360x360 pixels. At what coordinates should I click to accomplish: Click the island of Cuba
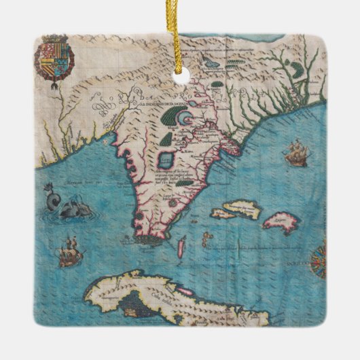click(170, 299)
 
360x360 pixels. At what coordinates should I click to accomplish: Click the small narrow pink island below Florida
click(181, 246)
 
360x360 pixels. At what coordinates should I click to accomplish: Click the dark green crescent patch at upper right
click(296, 68)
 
